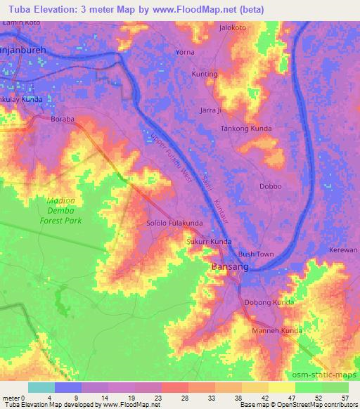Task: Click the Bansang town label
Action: (x=226, y=267)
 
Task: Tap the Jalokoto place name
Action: (x=233, y=28)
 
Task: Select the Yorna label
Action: (x=185, y=53)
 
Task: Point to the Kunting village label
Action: (x=205, y=74)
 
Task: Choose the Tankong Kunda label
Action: (x=246, y=129)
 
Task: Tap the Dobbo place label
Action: (x=270, y=186)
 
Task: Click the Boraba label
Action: (x=63, y=119)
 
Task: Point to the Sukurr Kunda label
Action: (x=208, y=242)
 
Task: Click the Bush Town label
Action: (x=255, y=254)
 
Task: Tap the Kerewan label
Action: (x=343, y=250)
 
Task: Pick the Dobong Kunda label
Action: (x=269, y=302)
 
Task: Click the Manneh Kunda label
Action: (x=277, y=330)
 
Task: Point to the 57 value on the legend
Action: (x=344, y=398)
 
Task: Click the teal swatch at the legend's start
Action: (x=41, y=387)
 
